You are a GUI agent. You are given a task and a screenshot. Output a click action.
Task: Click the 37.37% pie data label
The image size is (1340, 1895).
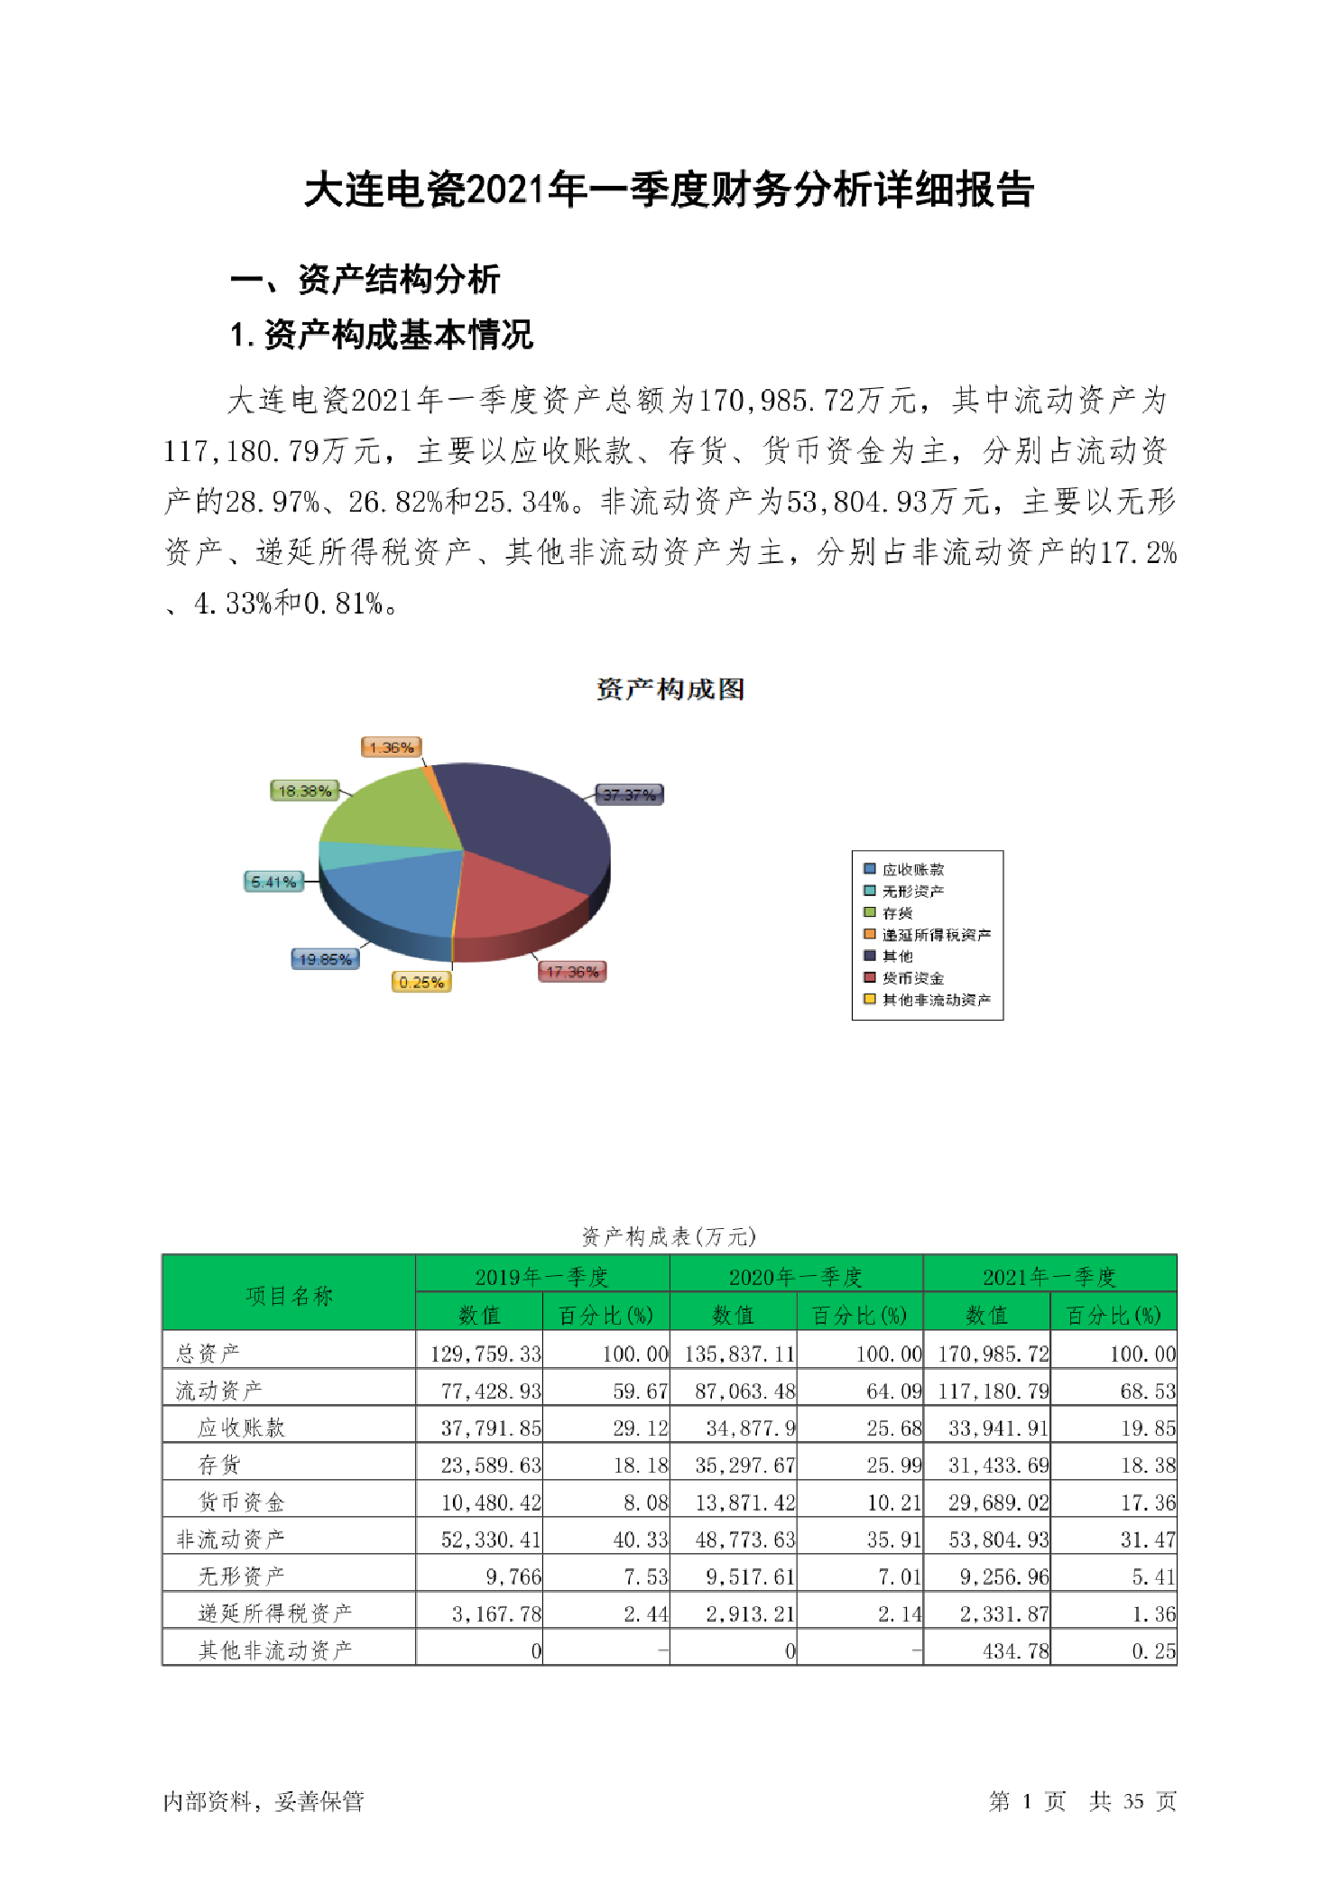[x=629, y=794]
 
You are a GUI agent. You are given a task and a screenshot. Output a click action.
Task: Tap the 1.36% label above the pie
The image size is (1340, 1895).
[x=392, y=747]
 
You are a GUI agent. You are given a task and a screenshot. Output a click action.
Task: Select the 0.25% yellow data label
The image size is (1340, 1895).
[x=421, y=982]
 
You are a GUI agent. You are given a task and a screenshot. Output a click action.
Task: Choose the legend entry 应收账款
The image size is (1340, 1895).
[x=912, y=869]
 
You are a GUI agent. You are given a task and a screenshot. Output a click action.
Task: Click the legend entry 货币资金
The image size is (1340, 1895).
[x=912, y=978]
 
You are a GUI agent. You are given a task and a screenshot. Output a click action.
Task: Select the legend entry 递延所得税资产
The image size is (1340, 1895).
[x=936, y=935]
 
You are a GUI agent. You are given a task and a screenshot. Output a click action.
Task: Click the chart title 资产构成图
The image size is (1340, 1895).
[x=670, y=689]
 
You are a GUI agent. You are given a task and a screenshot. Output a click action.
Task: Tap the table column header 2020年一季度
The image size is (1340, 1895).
[x=796, y=1276]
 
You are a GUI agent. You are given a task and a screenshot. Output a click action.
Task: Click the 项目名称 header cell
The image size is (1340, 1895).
[x=289, y=1296]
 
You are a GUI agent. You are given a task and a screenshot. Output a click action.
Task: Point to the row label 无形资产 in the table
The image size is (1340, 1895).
[x=241, y=1576]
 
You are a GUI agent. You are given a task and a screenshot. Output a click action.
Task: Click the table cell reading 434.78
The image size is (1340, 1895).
[x=1015, y=1651]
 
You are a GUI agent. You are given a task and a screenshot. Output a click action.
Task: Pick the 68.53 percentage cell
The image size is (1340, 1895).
[x=1147, y=1391]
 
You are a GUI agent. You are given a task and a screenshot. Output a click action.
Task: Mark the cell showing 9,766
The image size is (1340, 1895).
[x=513, y=1576]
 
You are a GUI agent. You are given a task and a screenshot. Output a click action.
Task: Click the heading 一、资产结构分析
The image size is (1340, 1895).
[x=365, y=279]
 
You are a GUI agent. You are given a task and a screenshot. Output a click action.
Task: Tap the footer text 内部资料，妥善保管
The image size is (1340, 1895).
[x=263, y=1801]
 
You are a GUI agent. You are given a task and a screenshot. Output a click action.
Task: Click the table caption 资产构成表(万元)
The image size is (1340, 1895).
[x=669, y=1236]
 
